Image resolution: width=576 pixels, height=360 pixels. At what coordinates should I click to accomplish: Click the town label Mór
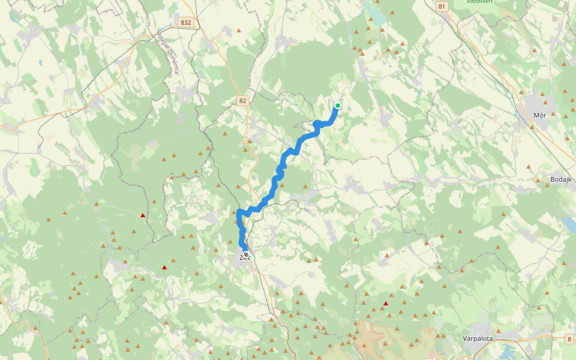(x=542, y=114)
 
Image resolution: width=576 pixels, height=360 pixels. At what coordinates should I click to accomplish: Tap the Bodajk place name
(x=562, y=179)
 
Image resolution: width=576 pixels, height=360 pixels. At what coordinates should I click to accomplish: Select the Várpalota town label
(x=478, y=338)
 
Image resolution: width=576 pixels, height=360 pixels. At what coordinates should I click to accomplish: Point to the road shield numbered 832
(x=186, y=23)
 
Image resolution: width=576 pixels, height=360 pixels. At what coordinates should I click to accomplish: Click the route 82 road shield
(x=242, y=101)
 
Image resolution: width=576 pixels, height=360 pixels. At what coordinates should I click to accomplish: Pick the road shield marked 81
(x=443, y=7)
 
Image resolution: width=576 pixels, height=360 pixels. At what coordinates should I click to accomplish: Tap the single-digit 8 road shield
(x=569, y=340)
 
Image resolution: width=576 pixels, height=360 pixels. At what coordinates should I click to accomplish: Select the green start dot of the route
(x=338, y=106)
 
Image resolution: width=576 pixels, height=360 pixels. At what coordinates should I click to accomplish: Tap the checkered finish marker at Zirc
(x=246, y=255)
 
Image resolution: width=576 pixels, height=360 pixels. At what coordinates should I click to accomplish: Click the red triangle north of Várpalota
(x=385, y=304)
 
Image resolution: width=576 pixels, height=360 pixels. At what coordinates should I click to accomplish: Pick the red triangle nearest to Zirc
(x=164, y=268)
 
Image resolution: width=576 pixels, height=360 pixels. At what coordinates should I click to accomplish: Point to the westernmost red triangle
(x=142, y=215)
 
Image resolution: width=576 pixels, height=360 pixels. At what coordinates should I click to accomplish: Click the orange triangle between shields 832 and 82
(x=239, y=31)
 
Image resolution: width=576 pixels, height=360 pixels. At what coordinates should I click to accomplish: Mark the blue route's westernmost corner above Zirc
(x=239, y=212)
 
